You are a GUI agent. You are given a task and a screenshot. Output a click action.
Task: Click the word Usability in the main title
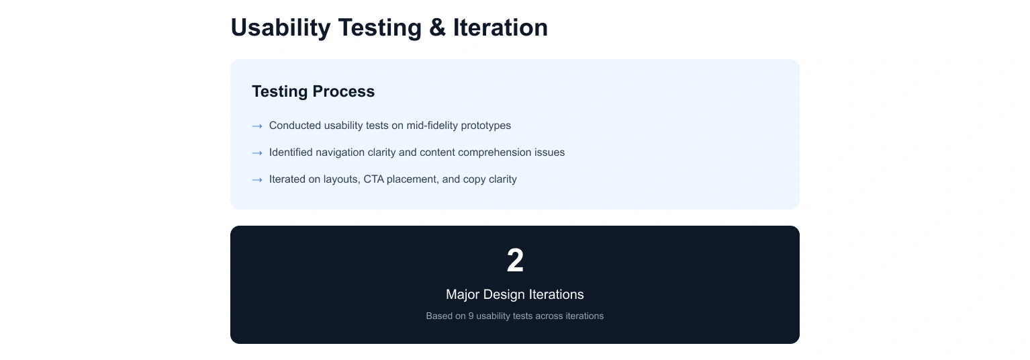click(281, 28)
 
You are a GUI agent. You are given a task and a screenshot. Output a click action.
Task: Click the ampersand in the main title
click(437, 28)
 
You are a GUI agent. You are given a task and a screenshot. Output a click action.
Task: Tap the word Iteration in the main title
click(500, 28)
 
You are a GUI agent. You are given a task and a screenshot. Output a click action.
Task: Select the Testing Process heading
click(313, 91)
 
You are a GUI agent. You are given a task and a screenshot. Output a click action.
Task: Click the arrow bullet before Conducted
click(257, 126)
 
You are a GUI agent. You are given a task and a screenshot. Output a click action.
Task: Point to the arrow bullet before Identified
click(257, 152)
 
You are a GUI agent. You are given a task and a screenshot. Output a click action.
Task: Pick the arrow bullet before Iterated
click(257, 180)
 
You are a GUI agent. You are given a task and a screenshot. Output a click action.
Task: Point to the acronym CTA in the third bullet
click(374, 179)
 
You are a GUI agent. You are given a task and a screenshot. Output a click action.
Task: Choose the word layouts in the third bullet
click(342, 179)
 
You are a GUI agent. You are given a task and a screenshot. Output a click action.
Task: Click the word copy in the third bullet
click(473, 180)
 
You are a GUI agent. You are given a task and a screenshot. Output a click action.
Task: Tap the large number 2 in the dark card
click(515, 260)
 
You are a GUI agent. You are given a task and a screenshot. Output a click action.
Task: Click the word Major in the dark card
click(463, 294)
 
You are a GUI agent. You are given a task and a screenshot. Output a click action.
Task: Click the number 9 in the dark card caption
click(471, 316)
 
